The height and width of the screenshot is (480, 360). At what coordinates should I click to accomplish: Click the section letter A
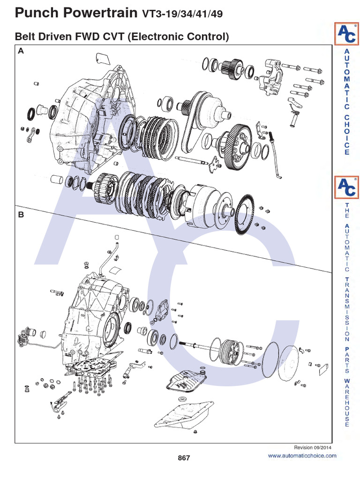pyautogui.click(x=20, y=52)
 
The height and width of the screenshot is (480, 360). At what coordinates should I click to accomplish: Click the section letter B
pyautogui.click(x=20, y=215)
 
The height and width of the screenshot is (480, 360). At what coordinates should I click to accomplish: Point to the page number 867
pyautogui.click(x=184, y=457)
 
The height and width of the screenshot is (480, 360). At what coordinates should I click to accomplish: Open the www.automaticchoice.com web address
pyautogui.click(x=302, y=456)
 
